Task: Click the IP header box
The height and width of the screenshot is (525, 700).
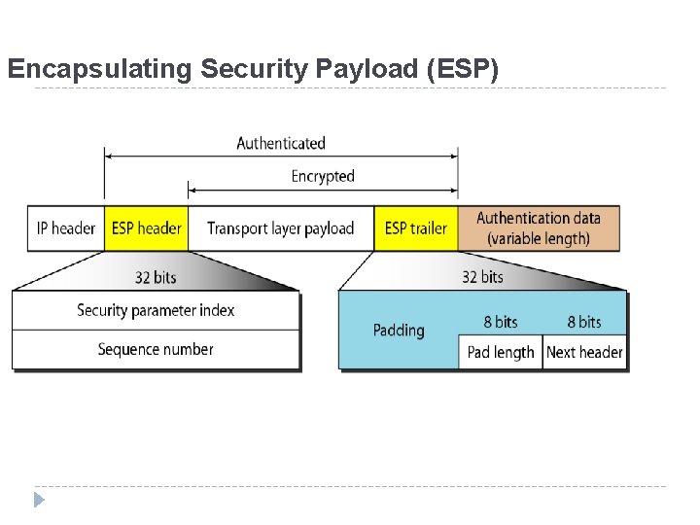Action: [65, 228]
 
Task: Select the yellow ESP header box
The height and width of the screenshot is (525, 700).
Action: [146, 228]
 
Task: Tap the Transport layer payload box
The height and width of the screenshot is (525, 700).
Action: [280, 228]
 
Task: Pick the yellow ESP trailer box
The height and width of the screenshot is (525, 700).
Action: [415, 228]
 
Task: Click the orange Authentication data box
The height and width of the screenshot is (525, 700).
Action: [538, 228]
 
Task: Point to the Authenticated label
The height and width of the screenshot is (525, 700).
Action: [281, 143]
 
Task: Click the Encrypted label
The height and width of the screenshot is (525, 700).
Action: [323, 176]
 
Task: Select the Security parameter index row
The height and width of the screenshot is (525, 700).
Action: [156, 310]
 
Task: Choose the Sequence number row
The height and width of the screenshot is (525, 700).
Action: [156, 349]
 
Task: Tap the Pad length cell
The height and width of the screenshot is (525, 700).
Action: [500, 352]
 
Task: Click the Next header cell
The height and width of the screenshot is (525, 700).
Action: [584, 352]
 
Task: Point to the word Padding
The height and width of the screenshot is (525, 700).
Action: [399, 331]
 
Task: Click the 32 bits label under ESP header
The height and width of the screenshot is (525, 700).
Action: [156, 277]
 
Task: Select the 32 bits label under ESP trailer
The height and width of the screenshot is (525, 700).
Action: [482, 277]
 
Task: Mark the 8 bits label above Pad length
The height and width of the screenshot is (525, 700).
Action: [501, 322]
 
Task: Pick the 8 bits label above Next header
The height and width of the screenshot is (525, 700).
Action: [584, 322]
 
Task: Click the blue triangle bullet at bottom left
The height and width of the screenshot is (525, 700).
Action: [39, 501]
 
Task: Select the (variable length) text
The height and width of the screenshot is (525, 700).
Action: [539, 239]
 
